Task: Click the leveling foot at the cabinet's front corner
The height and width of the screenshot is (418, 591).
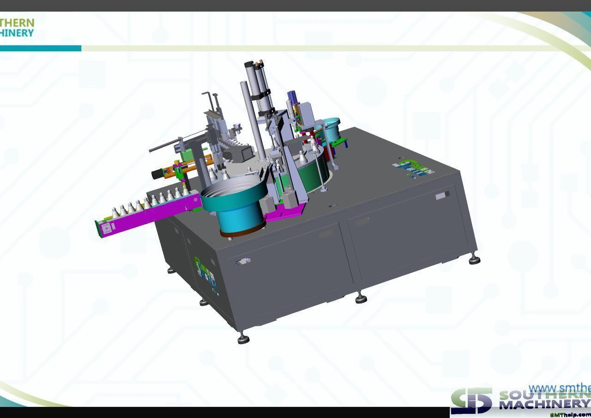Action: click(x=243, y=339)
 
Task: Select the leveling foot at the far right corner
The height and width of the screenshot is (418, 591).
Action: click(x=474, y=260)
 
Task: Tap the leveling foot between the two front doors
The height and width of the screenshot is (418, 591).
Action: click(x=361, y=298)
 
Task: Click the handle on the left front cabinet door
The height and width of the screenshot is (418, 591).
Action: click(x=243, y=262)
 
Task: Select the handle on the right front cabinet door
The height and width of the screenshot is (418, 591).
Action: click(x=442, y=196)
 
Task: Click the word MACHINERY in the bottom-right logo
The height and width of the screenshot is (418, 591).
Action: click(x=545, y=405)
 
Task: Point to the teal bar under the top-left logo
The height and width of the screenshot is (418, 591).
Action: click(x=41, y=48)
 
